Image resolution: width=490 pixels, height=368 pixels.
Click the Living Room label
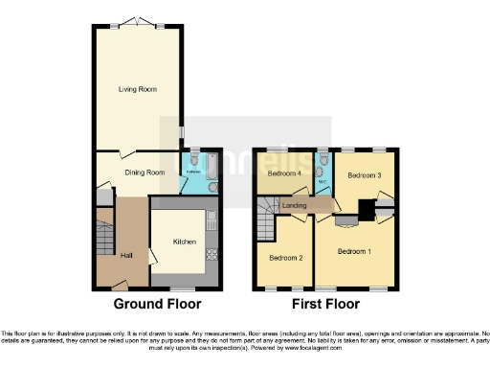click(138, 89)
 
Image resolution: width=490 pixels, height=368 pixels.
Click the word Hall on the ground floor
click(126, 255)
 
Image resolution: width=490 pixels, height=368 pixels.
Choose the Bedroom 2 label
click(286, 258)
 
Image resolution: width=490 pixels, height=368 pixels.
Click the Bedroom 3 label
click(365, 176)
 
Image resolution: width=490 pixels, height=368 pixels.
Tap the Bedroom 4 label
click(283, 174)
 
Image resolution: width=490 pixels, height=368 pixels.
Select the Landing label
click(295, 205)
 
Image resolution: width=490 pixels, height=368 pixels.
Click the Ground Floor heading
click(158, 305)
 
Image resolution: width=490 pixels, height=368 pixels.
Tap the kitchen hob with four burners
click(212, 255)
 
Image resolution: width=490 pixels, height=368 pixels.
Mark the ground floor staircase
click(105, 238)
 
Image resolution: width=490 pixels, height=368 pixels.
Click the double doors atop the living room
click(135, 25)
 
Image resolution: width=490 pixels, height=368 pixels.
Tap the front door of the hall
click(119, 285)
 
